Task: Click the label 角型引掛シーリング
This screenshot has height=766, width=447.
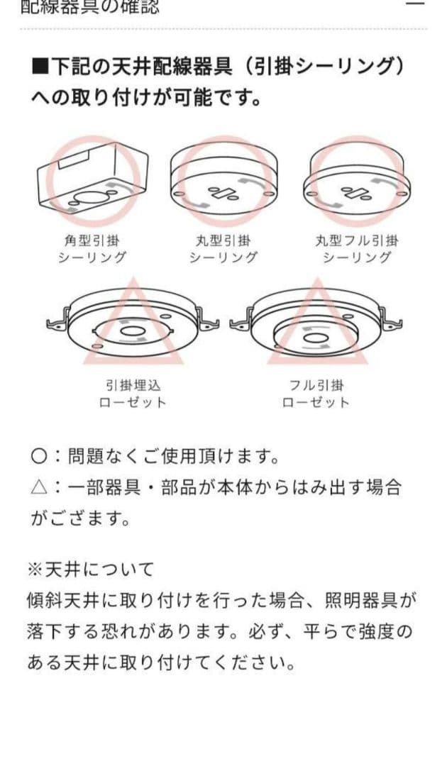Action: pos(92,249)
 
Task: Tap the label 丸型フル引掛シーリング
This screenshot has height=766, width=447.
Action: pos(357,249)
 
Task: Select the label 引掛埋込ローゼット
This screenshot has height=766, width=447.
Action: pos(133,394)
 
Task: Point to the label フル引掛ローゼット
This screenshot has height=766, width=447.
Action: pos(316,394)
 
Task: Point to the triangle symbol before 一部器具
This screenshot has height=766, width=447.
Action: pos(38,487)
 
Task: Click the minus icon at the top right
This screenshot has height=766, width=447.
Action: pos(416,3)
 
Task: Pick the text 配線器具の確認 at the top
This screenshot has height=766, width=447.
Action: pos(90,7)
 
